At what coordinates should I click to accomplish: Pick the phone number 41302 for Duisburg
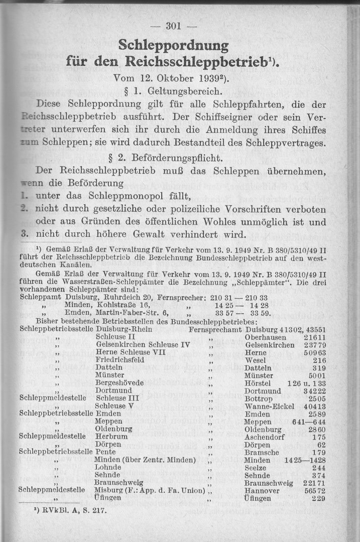coord(289,330)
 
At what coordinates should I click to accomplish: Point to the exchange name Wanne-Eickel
coord(270,405)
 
